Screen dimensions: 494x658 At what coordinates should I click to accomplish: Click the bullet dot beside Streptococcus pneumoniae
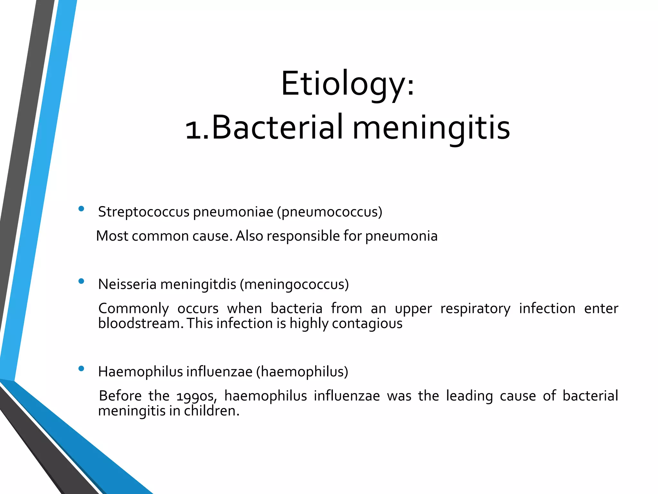[81, 209]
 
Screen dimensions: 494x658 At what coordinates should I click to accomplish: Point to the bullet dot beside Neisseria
[81, 281]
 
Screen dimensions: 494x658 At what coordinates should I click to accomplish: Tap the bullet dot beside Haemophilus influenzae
[81, 369]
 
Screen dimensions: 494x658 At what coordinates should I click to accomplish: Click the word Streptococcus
[144, 212]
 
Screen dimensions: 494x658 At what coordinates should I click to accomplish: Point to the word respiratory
[475, 309]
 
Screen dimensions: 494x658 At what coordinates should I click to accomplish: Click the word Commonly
[133, 309]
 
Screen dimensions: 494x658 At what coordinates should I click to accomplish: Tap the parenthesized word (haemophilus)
[302, 372]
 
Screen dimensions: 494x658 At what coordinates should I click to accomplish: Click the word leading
[469, 396]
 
